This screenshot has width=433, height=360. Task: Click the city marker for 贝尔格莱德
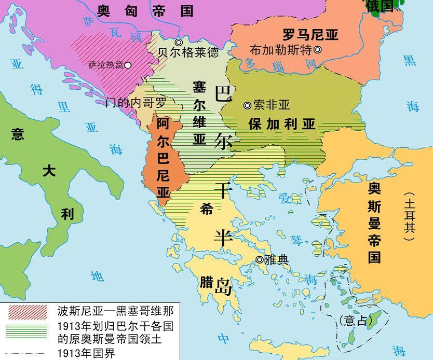pos(179,43)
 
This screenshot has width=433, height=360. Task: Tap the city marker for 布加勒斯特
pos(318,50)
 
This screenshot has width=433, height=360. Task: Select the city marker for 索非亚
pos(247,105)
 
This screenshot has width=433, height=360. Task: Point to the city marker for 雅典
pos(259,260)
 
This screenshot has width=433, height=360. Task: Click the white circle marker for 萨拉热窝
pos(128,65)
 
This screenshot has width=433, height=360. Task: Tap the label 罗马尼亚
pos(310,35)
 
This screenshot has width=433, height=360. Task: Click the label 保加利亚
pos(282,124)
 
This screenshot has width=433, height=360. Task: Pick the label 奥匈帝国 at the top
pos(145,11)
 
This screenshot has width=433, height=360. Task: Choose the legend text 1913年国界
pos(86,353)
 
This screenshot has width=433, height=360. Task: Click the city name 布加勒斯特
pos(280,50)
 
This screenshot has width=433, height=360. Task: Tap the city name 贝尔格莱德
pos(188,53)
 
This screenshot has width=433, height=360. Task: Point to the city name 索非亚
pos(272,105)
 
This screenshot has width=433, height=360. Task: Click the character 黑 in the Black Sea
pos(410,61)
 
